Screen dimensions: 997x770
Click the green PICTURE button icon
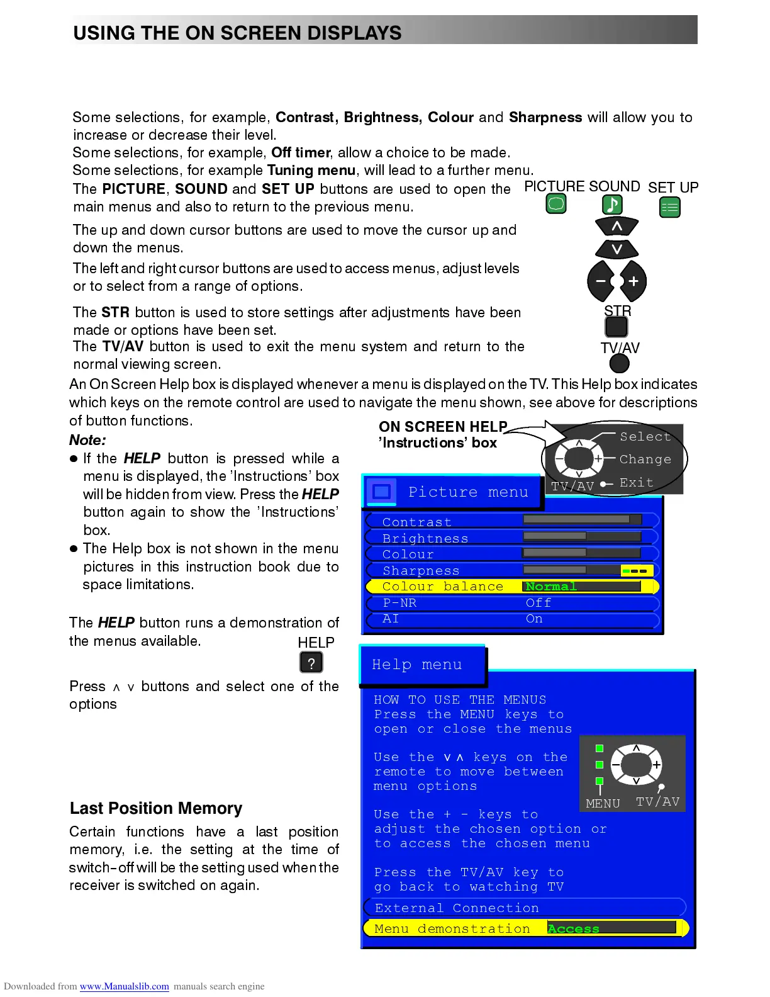(x=556, y=204)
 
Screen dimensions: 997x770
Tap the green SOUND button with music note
(x=613, y=204)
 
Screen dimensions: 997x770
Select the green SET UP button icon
(x=670, y=207)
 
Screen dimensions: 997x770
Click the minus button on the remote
(x=601, y=281)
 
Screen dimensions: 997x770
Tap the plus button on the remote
(x=633, y=281)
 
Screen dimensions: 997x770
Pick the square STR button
(x=617, y=327)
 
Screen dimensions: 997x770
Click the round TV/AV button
(x=620, y=363)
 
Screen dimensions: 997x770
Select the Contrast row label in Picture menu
(x=416, y=522)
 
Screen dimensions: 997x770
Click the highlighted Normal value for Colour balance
(x=551, y=587)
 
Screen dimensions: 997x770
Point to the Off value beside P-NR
(x=538, y=603)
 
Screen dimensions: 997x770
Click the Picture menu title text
(x=468, y=492)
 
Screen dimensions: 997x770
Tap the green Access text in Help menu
(x=573, y=928)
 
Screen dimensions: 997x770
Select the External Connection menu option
(x=457, y=908)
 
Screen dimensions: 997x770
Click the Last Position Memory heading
(x=156, y=808)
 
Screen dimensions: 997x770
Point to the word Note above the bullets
(x=87, y=440)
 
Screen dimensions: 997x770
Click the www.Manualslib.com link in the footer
(x=124, y=986)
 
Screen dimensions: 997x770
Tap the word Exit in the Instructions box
(x=636, y=483)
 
